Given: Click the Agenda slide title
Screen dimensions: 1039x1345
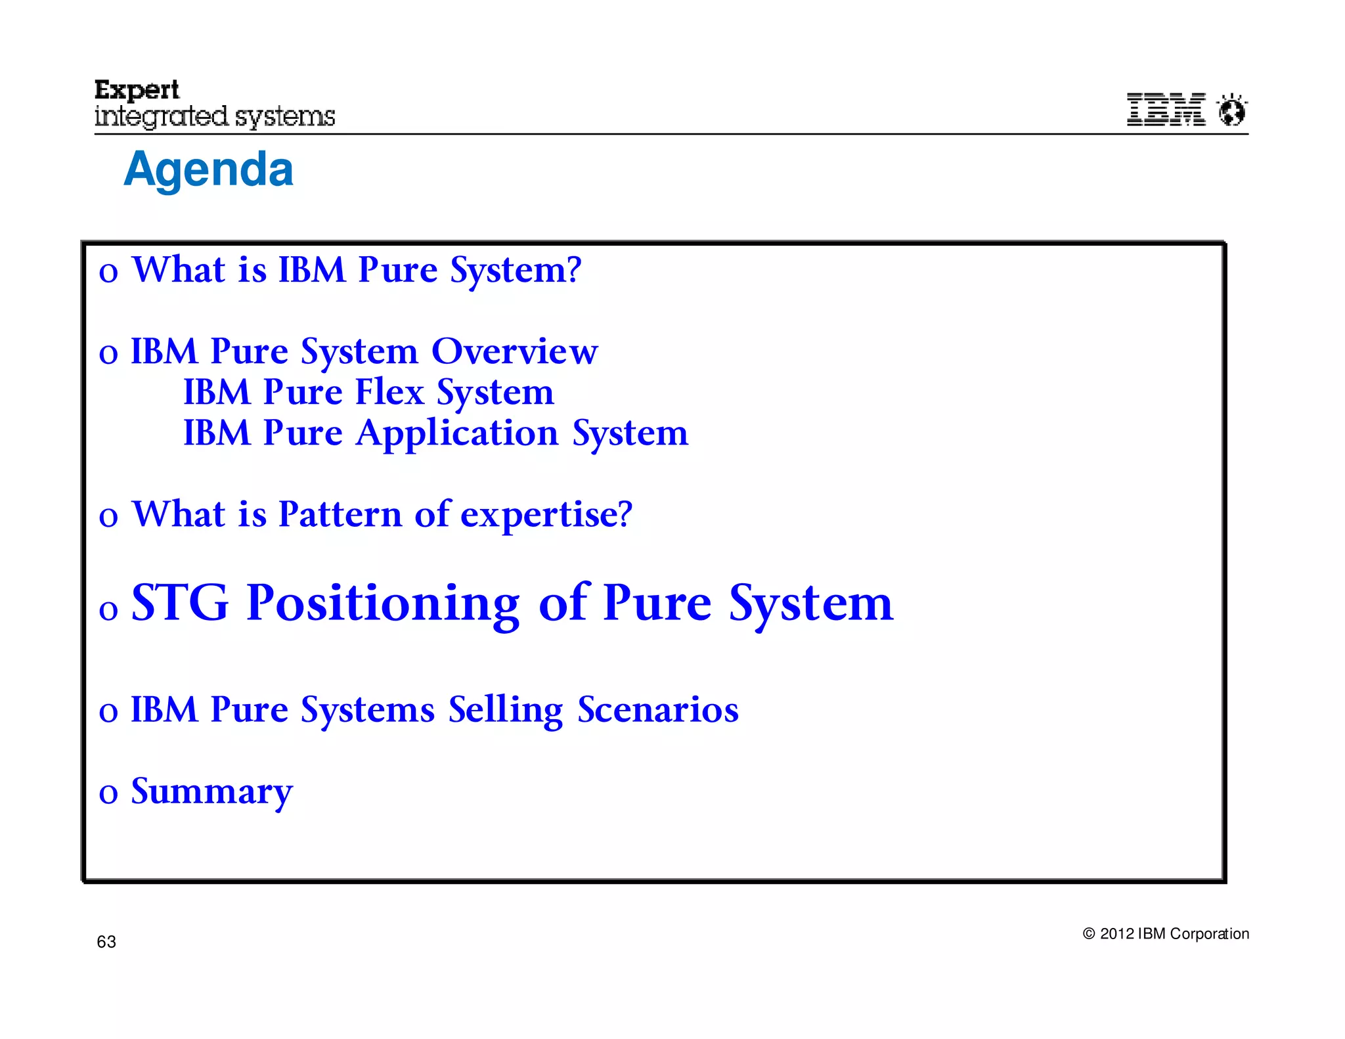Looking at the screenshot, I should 208,169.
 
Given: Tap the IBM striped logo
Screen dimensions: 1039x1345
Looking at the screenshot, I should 1166,109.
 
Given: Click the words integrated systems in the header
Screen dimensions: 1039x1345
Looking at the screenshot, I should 215,117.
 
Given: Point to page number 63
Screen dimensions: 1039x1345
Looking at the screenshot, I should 106,942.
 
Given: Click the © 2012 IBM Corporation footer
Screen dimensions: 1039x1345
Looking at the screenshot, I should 1166,934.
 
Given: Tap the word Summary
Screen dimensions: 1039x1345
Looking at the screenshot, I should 211,792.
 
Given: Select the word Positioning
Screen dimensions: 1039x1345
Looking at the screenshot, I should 383,604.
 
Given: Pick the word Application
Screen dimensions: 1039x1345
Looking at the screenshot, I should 456,434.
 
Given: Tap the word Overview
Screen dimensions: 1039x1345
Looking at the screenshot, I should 514,351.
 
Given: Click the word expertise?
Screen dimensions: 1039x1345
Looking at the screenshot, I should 546,515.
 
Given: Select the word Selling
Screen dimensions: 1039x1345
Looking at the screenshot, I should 506,711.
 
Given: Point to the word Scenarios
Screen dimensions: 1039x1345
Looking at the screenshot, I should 657,710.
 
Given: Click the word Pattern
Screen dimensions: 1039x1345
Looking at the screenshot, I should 340,514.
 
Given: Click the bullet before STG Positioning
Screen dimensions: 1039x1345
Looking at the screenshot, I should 108,610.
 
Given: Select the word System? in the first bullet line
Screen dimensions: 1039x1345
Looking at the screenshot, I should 516,271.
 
